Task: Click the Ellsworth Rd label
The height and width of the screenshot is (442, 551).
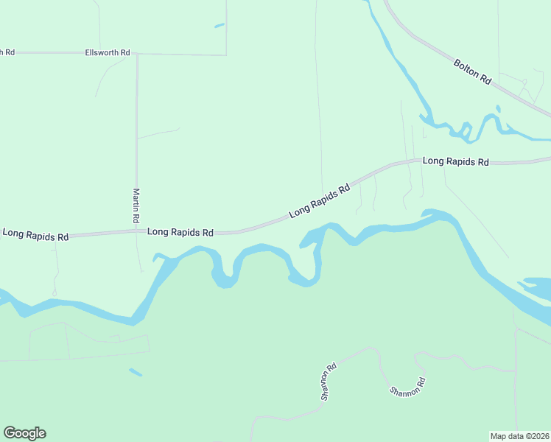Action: tap(108, 53)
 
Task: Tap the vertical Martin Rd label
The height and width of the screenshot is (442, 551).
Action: tap(136, 206)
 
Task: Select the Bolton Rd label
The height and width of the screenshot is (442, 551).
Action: tap(472, 71)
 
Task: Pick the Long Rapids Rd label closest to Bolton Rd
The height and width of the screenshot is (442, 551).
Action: tap(455, 161)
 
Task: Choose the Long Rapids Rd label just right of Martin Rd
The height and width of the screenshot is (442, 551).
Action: tap(180, 232)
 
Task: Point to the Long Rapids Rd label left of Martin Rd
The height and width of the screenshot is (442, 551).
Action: tap(35, 235)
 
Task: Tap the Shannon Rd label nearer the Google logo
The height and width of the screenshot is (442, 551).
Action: tap(329, 381)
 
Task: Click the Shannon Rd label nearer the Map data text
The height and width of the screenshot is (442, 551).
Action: tap(408, 387)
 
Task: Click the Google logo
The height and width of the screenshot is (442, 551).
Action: tap(24, 433)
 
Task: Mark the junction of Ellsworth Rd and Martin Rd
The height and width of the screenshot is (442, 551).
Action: tap(136, 54)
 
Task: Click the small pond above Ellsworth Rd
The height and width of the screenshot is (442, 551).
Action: tap(219, 26)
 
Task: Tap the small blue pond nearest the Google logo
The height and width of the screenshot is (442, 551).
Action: tap(136, 372)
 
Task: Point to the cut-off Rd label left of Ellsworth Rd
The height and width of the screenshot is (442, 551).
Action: tap(7, 52)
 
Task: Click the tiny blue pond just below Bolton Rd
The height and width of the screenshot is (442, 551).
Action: tap(498, 109)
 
